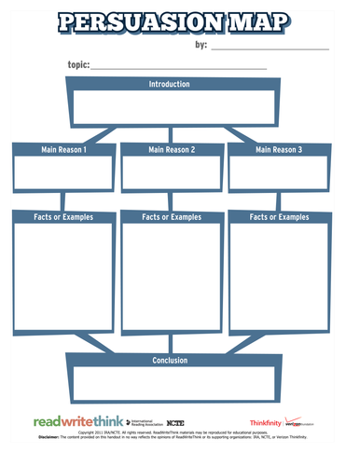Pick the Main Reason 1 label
(x=63, y=149)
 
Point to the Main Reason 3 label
(x=279, y=149)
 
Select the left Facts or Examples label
(x=63, y=217)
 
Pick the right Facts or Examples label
(x=279, y=217)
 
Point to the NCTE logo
(x=174, y=423)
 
